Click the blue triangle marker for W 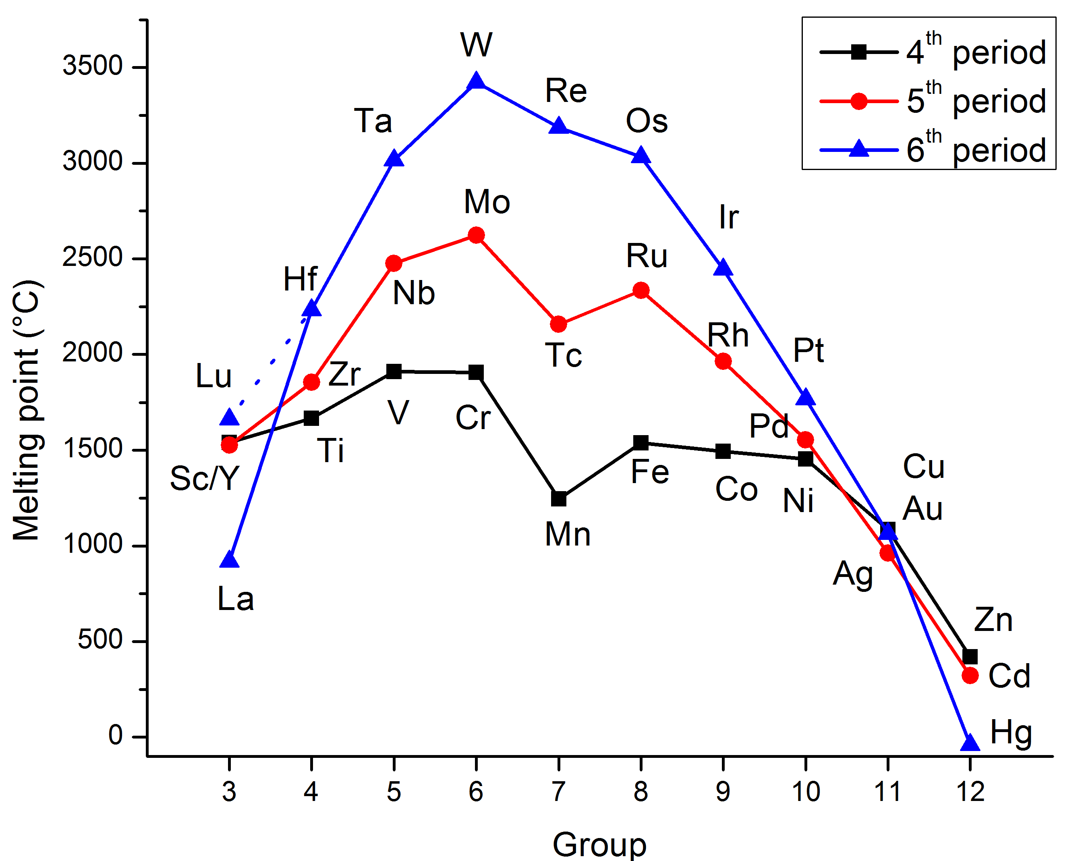click(476, 81)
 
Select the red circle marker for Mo click(476, 235)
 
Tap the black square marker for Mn click(559, 499)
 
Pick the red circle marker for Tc click(559, 324)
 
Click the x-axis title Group click(599, 844)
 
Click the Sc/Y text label click(204, 478)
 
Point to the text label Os click(646, 121)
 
